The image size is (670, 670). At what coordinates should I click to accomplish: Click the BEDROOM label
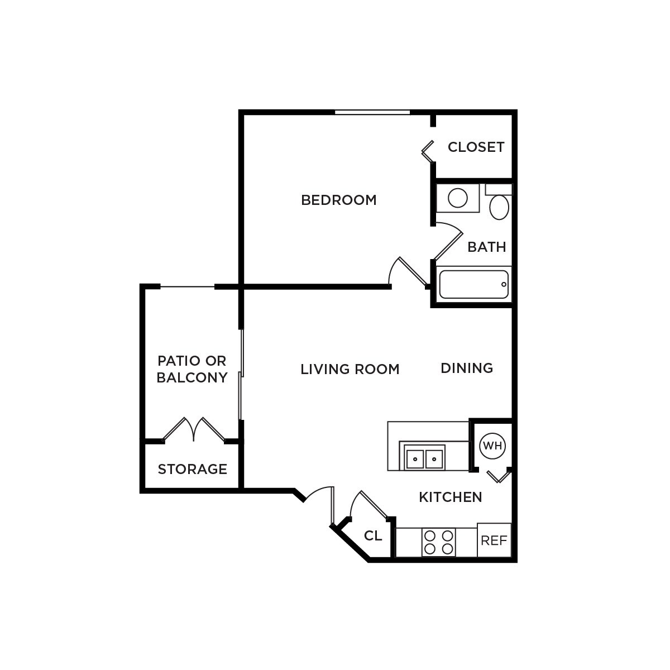pyautogui.click(x=339, y=200)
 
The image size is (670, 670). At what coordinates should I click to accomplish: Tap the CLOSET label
pyautogui.click(x=476, y=147)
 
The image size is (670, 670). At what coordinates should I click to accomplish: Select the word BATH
pyautogui.click(x=486, y=247)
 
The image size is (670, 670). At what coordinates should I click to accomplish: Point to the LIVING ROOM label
pyautogui.click(x=350, y=369)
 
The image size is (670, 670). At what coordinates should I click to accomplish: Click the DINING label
pyautogui.click(x=467, y=368)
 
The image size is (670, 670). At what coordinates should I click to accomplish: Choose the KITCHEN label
pyautogui.click(x=451, y=497)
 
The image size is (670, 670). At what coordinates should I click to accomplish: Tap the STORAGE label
pyautogui.click(x=192, y=469)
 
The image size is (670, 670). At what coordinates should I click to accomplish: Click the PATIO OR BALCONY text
pyautogui.click(x=192, y=369)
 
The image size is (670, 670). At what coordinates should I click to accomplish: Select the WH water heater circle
pyautogui.click(x=492, y=446)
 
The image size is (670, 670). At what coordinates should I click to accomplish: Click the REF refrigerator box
pyautogui.click(x=494, y=540)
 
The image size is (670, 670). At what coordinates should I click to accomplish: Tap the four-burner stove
pyautogui.click(x=438, y=542)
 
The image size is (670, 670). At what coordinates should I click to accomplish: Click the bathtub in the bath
pyautogui.click(x=474, y=285)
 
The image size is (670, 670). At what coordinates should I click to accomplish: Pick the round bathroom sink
pyautogui.click(x=458, y=198)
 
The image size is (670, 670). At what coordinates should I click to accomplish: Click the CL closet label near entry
pyautogui.click(x=373, y=536)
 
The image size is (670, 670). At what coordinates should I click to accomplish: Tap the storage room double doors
pyautogui.click(x=194, y=430)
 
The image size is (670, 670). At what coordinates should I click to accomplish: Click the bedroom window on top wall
pyautogui.click(x=372, y=113)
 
